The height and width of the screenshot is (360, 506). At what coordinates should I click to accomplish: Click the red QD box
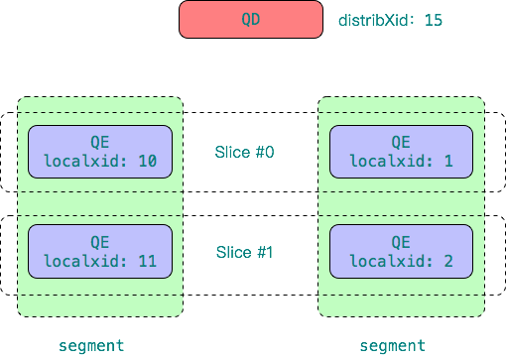point(250,19)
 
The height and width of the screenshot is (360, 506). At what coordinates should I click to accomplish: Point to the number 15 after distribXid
point(433,20)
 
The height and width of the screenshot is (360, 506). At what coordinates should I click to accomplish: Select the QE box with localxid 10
point(100,152)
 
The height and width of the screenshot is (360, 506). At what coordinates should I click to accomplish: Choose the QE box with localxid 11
point(100,251)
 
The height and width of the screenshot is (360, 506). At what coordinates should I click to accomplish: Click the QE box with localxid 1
point(400,152)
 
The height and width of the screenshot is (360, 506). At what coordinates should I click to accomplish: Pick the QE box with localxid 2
point(400,251)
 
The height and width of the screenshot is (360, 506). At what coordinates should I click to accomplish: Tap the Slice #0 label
point(244,152)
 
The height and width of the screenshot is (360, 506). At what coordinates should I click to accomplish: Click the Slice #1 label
point(244,252)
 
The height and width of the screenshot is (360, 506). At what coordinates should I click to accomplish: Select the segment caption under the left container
point(91,345)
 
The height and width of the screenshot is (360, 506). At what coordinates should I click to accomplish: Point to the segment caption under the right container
point(392,345)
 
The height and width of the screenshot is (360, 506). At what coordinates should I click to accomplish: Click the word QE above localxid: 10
point(100,142)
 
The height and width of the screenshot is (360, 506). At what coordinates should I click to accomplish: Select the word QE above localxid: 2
point(400,241)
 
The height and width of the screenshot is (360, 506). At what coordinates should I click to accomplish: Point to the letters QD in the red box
point(250,19)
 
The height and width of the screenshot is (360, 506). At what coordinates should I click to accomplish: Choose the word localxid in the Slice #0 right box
point(387,161)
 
